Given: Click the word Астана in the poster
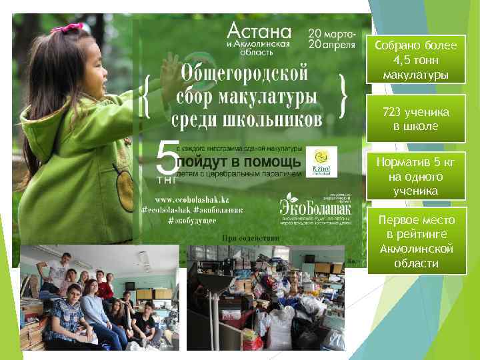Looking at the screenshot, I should point(259,31).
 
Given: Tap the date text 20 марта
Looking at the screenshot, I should point(331,33).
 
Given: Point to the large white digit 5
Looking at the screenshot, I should point(167,159).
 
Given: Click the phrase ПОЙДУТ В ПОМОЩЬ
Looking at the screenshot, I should point(239,162).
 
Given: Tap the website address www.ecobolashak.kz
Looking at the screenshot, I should point(193,199).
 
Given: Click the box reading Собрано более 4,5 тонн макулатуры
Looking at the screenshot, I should point(415,59).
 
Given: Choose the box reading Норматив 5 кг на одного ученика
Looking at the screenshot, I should point(415,176).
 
